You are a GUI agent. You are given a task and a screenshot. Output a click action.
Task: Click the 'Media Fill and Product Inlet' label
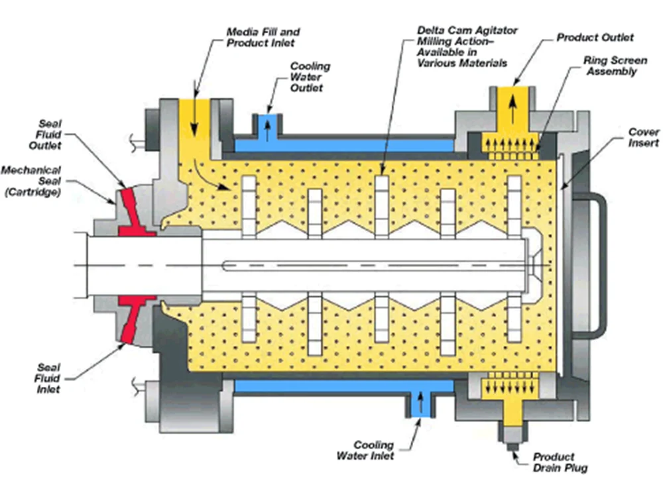[x=263, y=37]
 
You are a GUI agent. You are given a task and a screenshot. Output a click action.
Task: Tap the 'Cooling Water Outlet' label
[x=310, y=78]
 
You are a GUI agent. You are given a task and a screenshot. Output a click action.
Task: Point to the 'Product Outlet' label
[x=595, y=38]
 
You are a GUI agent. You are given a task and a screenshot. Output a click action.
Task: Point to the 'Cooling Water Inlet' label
[x=373, y=450]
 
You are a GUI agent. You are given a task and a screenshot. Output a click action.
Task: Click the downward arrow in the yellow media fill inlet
[x=193, y=123]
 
